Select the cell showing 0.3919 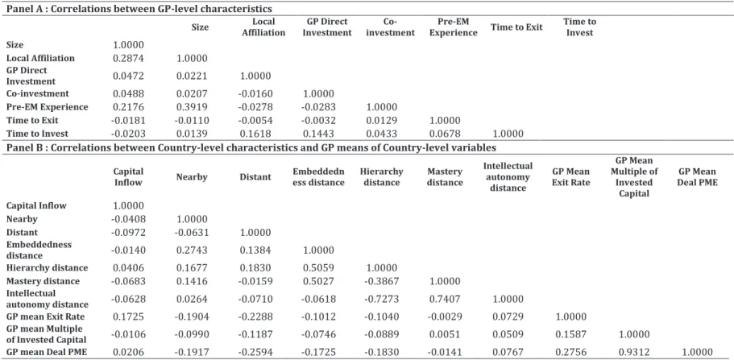point(192,107)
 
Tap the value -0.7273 point(381,299)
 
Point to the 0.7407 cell point(444,299)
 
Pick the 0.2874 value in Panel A point(128,59)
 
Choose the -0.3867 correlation point(381,281)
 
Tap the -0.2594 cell point(255,353)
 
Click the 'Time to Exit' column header point(516,27)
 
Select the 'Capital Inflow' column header point(128,177)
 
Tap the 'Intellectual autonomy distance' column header point(508,177)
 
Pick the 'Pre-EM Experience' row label point(48,107)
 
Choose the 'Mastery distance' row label point(43,281)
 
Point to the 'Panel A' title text point(139,9)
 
